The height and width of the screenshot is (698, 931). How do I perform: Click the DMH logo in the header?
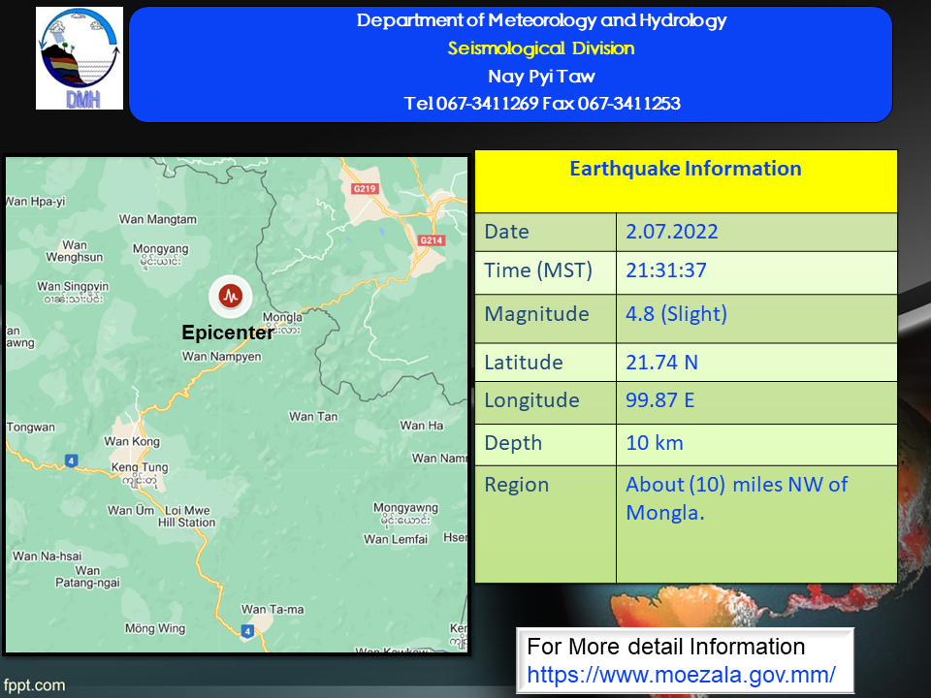tap(80, 58)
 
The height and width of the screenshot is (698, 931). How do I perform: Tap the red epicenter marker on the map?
tap(231, 296)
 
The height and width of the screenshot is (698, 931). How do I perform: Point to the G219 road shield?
tap(365, 189)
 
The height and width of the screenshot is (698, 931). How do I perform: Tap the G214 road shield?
tap(431, 240)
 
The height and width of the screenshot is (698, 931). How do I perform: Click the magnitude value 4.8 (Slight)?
tap(676, 314)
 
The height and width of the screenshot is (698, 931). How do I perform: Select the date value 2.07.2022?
tap(672, 232)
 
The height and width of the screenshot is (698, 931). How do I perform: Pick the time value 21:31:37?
tap(666, 270)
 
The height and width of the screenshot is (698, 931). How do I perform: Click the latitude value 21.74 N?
tap(662, 362)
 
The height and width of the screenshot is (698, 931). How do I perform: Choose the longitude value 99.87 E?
tap(660, 400)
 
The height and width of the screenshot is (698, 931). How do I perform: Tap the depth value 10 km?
tap(655, 443)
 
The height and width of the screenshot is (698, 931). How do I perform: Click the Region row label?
tap(517, 486)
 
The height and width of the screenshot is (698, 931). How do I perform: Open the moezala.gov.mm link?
tap(681, 675)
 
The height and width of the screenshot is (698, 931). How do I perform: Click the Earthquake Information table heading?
tap(686, 169)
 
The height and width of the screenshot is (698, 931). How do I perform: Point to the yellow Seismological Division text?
tap(541, 48)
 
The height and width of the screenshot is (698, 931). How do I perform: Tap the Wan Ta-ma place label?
tap(273, 610)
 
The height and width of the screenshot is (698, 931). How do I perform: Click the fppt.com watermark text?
tap(34, 685)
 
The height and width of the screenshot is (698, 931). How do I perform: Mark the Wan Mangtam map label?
tap(158, 220)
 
